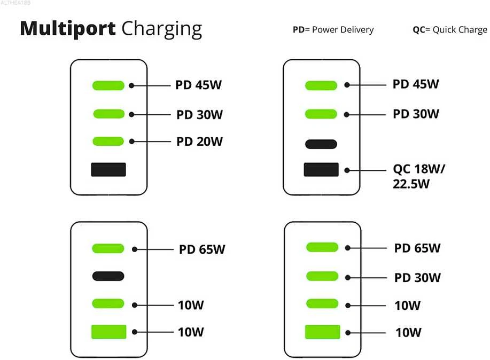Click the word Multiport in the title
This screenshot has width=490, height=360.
point(68,29)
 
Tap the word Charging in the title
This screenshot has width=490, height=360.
point(161,30)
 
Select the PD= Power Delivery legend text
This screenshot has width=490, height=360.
point(333,30)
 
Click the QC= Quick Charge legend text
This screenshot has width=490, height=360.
point(450,30)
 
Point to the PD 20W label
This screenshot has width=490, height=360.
point(199,142)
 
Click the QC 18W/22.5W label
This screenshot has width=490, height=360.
point(419,176)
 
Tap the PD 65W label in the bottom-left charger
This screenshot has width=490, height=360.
point(202,249)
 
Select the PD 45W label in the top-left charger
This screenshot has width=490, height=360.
point(198,85)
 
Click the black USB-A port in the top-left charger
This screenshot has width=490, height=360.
point(108,170)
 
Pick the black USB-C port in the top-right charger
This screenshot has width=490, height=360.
point(321,144)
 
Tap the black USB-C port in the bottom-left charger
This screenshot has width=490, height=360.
point(108,276)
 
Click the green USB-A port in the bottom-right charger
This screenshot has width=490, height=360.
point(323,332)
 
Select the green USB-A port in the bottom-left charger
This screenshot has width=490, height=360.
point(109,332)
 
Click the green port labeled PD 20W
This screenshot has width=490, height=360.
point(108,141)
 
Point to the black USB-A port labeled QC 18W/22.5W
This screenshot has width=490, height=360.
point(321,170)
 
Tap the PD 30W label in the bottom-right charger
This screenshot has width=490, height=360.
point(417,278)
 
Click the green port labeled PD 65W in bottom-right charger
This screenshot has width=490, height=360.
point(322,247)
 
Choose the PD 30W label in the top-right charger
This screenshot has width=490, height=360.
point(416,114)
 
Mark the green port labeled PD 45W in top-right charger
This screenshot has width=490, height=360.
point(321,85)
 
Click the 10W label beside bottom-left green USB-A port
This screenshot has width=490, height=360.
point(191,332)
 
